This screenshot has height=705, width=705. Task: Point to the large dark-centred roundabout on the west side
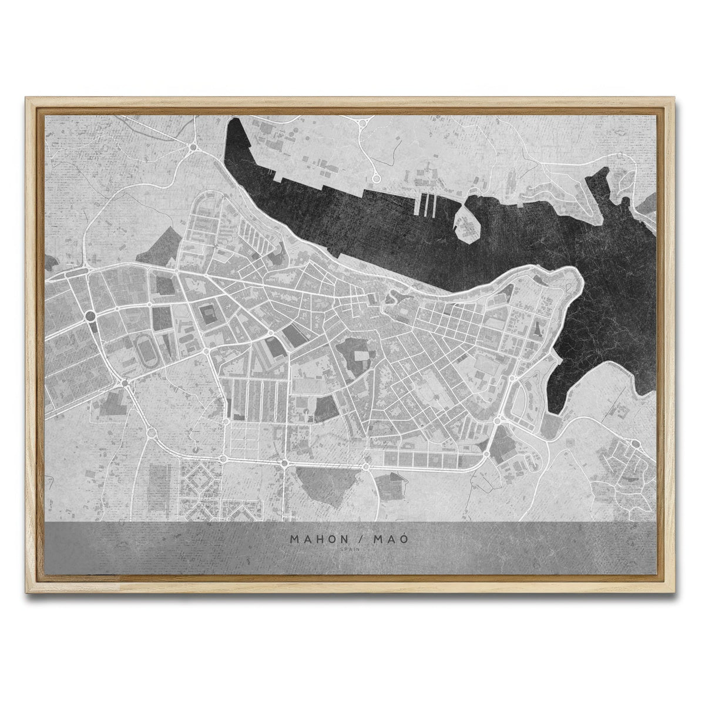(x=90, y=316)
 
